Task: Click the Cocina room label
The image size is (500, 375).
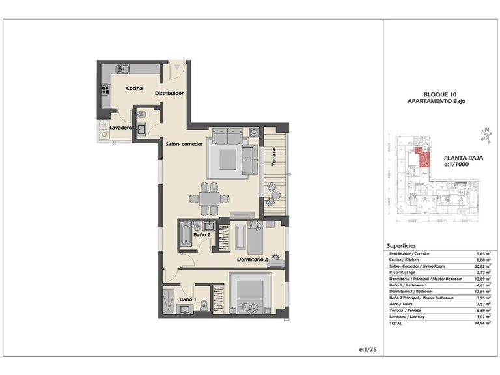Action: tap(135, 89)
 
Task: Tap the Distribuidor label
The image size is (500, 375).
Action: tap(169, 94)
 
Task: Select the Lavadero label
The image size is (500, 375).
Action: tap(121, 128)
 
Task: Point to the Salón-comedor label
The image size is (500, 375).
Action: tap(184, 143)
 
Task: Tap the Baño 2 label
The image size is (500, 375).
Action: tap(201, 234)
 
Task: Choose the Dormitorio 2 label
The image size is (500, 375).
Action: tap(253, 259)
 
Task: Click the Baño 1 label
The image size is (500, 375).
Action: tap(187, 299)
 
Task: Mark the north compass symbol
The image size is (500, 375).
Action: tap(484, 135)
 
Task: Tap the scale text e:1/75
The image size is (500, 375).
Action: tap(368, 350)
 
